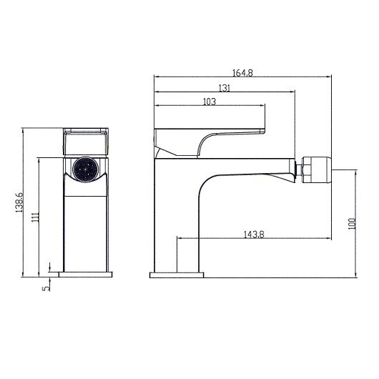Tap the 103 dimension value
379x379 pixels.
pos(210,102)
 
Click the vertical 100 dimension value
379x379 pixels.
pos(350,223)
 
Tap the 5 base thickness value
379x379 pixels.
pos(44,287)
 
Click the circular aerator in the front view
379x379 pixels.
pos(85,172)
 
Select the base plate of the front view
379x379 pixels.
pos(85,273)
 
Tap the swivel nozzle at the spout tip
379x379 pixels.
pos(312,169)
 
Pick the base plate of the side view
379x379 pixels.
pos(177,273)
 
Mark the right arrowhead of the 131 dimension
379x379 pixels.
pos(293,92)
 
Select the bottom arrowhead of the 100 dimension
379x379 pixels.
pos(355,274)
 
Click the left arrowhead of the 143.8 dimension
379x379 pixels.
pos(177,238)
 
